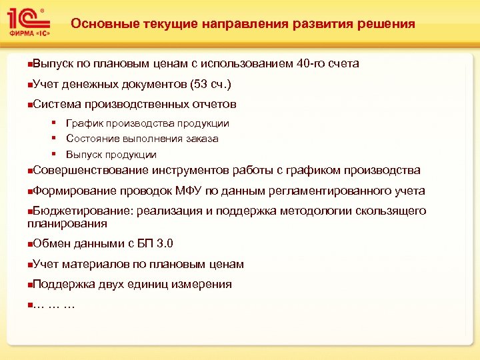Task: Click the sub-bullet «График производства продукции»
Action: (147, 123)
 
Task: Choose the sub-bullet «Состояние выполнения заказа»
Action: (142, 139)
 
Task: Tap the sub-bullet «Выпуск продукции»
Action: (111, 155)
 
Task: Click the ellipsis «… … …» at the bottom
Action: (53, 305)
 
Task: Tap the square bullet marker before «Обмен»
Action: (29, 245)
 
